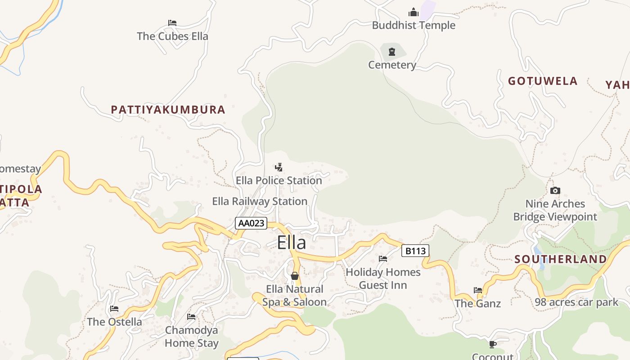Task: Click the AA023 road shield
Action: coord(251,223)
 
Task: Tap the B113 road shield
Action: coord(415,251)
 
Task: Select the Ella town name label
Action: coord(291,243)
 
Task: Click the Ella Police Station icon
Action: coord(279,167)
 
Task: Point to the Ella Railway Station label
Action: coord(260,201)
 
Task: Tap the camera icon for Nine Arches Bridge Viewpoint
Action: coord(555,190)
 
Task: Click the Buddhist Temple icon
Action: coord(413,12)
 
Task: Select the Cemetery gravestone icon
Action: coord(391,51)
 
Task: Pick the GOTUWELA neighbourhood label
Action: coord(543,81)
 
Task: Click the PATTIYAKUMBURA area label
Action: coord(168,109)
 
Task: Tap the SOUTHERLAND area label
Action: coord(560,259)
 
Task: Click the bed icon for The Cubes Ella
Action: coord(172,23)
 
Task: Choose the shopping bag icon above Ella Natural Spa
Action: coord(295,275)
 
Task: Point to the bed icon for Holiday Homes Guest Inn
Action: coord(383,259)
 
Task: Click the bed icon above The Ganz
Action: coord(478,290)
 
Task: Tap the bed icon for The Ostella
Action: coord(114,309)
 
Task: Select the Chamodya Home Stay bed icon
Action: coord(191,317)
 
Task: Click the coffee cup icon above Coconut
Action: coord(493,344)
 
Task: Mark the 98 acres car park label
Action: coord(576,302)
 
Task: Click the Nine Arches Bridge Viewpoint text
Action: coord(555,210)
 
